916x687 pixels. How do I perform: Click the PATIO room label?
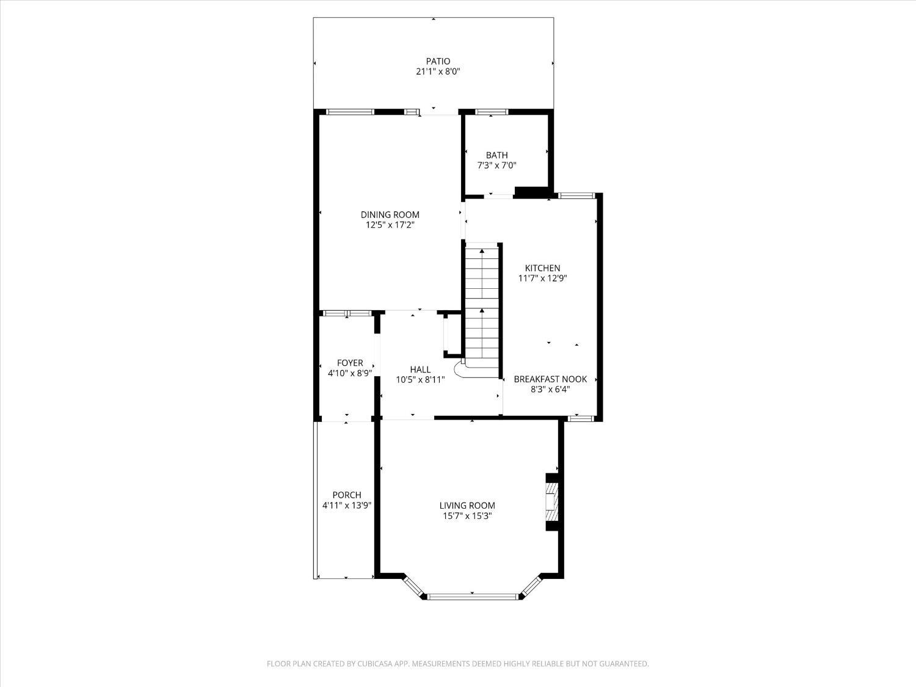pos(438,61)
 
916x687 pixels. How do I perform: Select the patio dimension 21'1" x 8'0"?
pos(438,71)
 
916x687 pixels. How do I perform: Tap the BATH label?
pos(496,155)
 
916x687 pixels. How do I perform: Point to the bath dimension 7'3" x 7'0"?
pos(496,165)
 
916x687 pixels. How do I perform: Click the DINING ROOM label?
pos(390,214)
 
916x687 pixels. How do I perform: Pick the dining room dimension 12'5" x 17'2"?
pos(390,225)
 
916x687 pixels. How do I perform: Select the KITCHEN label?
pos(542,268)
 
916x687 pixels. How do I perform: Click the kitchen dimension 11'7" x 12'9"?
pos(542,278)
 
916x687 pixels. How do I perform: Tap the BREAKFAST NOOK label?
pos(550,379)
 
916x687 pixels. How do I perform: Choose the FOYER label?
pos(350,363)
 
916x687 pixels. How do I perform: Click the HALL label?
pos(420,369)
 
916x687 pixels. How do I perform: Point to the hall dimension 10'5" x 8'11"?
pos(420,380)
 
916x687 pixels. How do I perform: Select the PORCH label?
pos(347,495)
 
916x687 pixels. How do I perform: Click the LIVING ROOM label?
pos(467,506)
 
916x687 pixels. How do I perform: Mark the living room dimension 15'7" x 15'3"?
pos(467,516)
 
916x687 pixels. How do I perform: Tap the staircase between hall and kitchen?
pos(482,302)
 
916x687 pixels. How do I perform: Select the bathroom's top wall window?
pos(492,112)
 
